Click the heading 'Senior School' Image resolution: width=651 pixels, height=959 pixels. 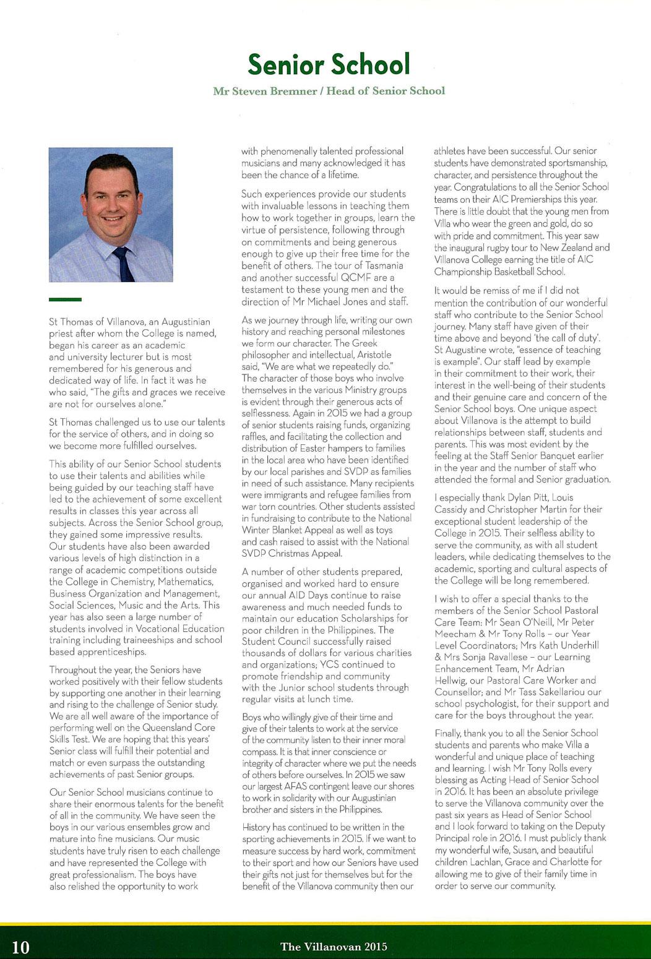[329, 64]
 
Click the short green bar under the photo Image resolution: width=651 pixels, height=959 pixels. [65, 299]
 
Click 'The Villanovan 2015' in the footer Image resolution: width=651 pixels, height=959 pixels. [334, 947]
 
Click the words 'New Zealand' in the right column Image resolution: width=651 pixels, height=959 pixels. [567, 247]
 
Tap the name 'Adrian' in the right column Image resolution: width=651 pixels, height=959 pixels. [545, 668]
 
